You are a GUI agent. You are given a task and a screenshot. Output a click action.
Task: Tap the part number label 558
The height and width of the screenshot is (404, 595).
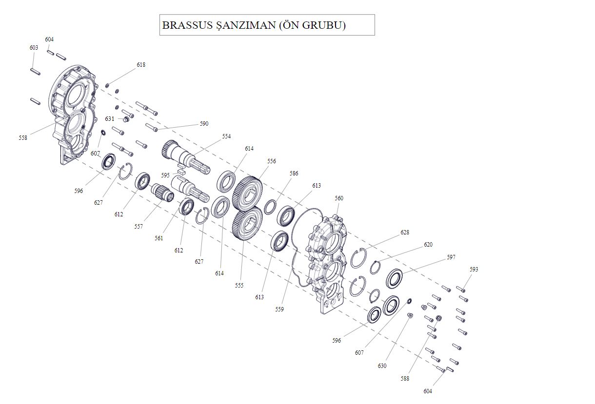23,138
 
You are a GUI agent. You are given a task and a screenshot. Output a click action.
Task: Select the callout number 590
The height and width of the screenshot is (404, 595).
204,124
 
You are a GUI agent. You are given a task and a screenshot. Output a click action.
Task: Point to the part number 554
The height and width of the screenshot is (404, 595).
226,136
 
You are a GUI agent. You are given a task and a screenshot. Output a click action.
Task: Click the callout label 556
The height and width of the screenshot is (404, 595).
272,161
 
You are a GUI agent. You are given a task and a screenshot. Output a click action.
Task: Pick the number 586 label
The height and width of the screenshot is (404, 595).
294,173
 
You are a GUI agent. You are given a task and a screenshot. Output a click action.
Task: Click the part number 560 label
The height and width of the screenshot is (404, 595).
339,198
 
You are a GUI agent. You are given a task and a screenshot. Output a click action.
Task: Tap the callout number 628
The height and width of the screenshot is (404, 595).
405,232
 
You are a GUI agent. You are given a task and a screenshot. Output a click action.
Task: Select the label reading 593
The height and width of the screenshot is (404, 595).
474,269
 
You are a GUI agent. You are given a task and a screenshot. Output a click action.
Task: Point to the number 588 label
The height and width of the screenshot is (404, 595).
405,379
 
